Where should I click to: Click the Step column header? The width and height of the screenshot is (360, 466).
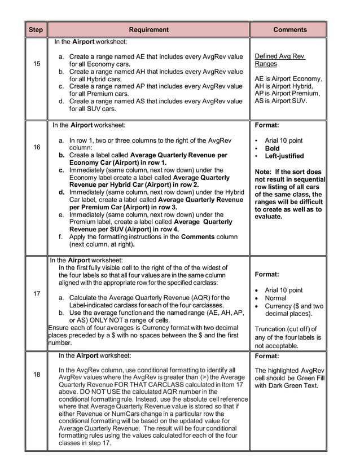(x=36, y=29)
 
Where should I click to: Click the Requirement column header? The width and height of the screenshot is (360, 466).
(x=148, y=29)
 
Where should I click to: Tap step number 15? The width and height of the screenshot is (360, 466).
(x=37, y=64)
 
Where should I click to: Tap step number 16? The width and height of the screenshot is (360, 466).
(x=37, y=147)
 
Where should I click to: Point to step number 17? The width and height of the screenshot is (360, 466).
(x=37, y=294)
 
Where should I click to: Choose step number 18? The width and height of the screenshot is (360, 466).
(x=37, y=374)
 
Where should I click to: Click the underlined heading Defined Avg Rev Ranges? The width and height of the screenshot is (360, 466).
(x=280, y=60)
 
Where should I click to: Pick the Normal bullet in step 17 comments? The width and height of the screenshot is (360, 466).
(x=275, y=298)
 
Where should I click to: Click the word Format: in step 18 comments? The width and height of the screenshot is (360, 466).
(x=267, y=356)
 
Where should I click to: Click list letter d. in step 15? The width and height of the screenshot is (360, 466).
(x=62, y=101)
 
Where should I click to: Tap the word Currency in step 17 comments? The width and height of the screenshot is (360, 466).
(x=279, y=306)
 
